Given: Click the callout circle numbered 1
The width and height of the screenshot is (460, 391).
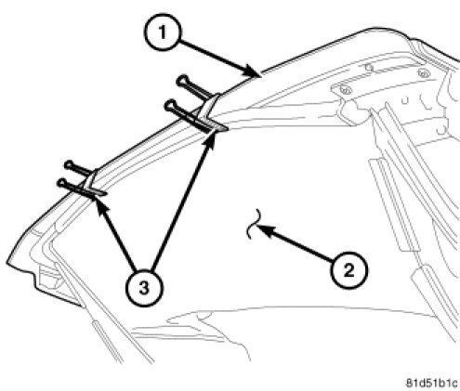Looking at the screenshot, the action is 162,33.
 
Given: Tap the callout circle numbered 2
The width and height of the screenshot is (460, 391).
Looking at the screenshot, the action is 348,271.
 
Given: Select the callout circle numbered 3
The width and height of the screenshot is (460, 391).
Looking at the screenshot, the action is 144,289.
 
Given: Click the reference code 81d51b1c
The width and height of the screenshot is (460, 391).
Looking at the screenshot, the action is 431,383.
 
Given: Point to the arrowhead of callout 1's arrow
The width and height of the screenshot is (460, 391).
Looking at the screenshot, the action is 252,72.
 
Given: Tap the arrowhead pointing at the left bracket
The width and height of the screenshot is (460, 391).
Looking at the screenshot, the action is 101,206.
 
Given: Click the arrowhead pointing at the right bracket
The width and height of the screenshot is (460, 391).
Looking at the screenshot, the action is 211,139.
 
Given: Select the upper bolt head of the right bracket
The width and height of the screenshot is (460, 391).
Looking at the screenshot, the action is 181,81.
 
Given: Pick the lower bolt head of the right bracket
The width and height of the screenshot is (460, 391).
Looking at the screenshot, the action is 169,106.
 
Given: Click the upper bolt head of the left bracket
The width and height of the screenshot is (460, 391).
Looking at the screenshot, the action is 69,164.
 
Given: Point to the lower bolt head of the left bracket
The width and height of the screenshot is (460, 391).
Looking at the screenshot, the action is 61,183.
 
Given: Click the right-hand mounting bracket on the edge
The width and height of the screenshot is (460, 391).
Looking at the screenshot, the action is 211,114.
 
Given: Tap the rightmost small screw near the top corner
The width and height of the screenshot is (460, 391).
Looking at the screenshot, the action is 423,73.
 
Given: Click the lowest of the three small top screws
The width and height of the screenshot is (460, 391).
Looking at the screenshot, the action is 346,90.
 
